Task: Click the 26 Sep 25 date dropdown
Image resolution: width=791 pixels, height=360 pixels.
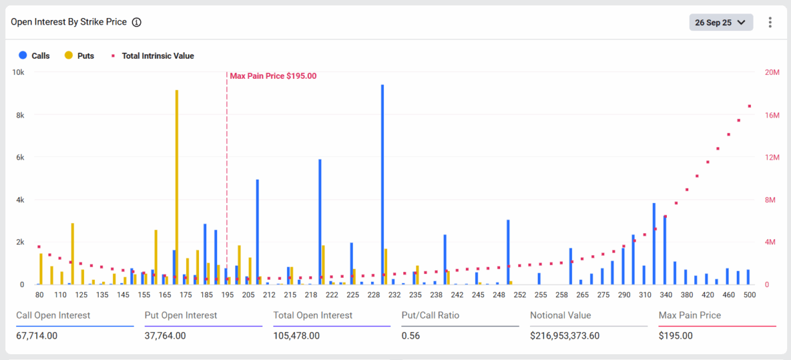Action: coord(721,23)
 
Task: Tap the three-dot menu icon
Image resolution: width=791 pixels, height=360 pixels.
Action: coord(770,23)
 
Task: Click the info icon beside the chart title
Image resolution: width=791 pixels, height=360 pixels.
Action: coord(136,22)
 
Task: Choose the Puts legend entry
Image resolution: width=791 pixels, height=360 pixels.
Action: coord(79,56)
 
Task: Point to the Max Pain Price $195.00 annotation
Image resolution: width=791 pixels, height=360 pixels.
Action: coord(273,76)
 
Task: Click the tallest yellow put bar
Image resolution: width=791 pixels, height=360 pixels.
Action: coord(176,187)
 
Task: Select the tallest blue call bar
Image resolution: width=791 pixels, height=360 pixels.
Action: coord(383,184)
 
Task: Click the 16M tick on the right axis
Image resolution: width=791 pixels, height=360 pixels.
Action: coord(772,115)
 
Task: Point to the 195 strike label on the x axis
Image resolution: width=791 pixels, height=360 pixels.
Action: coord(227,295)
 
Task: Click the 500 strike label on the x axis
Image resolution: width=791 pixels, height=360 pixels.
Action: coord(749,295)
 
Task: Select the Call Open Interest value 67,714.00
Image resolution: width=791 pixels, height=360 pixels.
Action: coord(37,335)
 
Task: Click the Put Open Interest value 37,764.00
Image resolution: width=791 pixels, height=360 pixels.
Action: coord(165,335)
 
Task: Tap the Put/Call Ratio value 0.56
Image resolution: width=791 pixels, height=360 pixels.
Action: coord(410,335)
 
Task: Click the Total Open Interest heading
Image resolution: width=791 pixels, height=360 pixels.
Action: coord(313,315)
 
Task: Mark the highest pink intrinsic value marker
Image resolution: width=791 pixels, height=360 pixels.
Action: coord(750,106)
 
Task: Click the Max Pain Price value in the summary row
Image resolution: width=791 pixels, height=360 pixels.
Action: coord(675,335)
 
